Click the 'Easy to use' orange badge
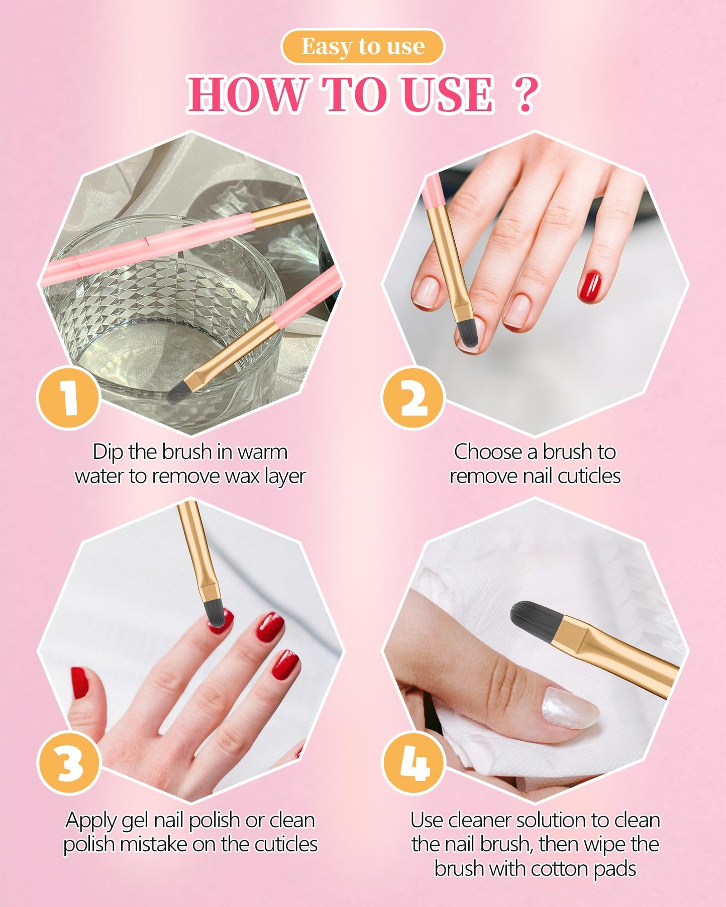point(363,47)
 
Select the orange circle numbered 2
point(413,397)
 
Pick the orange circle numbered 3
point(69,762)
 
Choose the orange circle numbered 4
point(413,762)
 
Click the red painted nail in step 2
point(589,286)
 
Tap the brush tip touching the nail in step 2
point(467,336)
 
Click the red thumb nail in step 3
point(79,683)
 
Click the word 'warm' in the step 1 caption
point(262,452)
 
